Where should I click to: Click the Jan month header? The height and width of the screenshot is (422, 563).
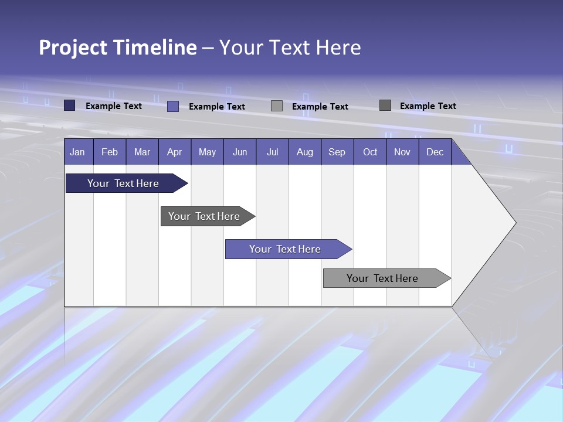click(77, 152)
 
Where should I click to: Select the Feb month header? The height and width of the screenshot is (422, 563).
click(110, 152)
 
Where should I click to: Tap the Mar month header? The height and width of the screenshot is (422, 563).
click(142, 152)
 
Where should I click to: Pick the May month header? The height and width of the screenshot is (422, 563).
click(207, 152)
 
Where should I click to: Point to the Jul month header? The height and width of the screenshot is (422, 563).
click(272, 152)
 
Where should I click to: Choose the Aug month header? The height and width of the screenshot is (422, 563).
click(304, 152)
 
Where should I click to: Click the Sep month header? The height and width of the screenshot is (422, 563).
click(337, 152)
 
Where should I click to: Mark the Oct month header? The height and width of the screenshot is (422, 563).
click(370, 152)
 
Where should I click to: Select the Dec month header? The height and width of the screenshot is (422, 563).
click(435, 152)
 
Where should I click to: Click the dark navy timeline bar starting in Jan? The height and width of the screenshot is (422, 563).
click(123, 183)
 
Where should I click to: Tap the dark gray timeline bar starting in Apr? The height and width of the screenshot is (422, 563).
click(204, 216)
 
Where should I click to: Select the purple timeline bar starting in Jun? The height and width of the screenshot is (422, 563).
click(285, 249)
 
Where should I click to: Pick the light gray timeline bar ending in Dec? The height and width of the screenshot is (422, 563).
click(382, 278)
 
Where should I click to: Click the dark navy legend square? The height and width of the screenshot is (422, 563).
click(70, 105)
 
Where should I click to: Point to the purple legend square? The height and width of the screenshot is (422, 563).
click(173, 106)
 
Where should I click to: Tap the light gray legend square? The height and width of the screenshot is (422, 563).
click(277, 106)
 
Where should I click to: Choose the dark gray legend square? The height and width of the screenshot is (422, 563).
click(385, 105)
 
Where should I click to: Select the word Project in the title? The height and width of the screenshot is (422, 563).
click(73, 47)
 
